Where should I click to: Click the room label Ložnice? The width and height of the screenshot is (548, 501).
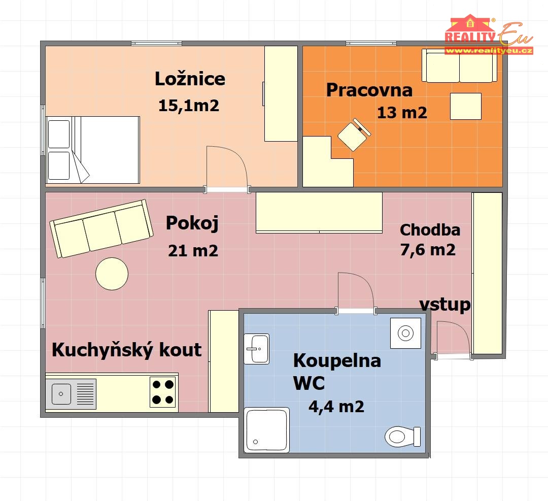pos(190,79)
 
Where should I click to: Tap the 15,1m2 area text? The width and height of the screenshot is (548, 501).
pos(189,106)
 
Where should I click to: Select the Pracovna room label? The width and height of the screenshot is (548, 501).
pos(369,90)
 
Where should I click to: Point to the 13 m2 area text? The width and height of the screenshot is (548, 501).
pos(402,113)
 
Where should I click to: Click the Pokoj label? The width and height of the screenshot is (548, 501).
pos(192,223)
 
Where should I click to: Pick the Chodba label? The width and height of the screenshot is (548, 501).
pos(430,230)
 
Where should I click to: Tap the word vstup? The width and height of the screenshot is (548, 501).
pos(445,305)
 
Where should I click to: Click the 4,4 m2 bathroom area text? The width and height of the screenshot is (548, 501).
pos(336,407)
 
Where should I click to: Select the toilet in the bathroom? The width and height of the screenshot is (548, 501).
pos(403,437)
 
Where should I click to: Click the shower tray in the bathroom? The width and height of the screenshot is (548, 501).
pos(267,430)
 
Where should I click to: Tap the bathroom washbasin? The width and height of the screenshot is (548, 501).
pos(257,349)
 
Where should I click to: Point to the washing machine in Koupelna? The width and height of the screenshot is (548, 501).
pos(406,333)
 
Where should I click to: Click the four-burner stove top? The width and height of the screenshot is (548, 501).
pos(163,391)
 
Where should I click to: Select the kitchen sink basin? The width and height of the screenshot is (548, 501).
pos(61,394)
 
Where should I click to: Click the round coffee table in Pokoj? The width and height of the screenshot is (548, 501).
pos(112,274)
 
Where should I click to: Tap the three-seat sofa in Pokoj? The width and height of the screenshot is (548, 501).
pos(101,228)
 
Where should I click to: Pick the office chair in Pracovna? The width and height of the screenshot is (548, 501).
pos(354,135)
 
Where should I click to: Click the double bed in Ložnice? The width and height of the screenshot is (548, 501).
pos(93,150)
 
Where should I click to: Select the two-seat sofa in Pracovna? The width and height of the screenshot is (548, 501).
pos(460,65)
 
